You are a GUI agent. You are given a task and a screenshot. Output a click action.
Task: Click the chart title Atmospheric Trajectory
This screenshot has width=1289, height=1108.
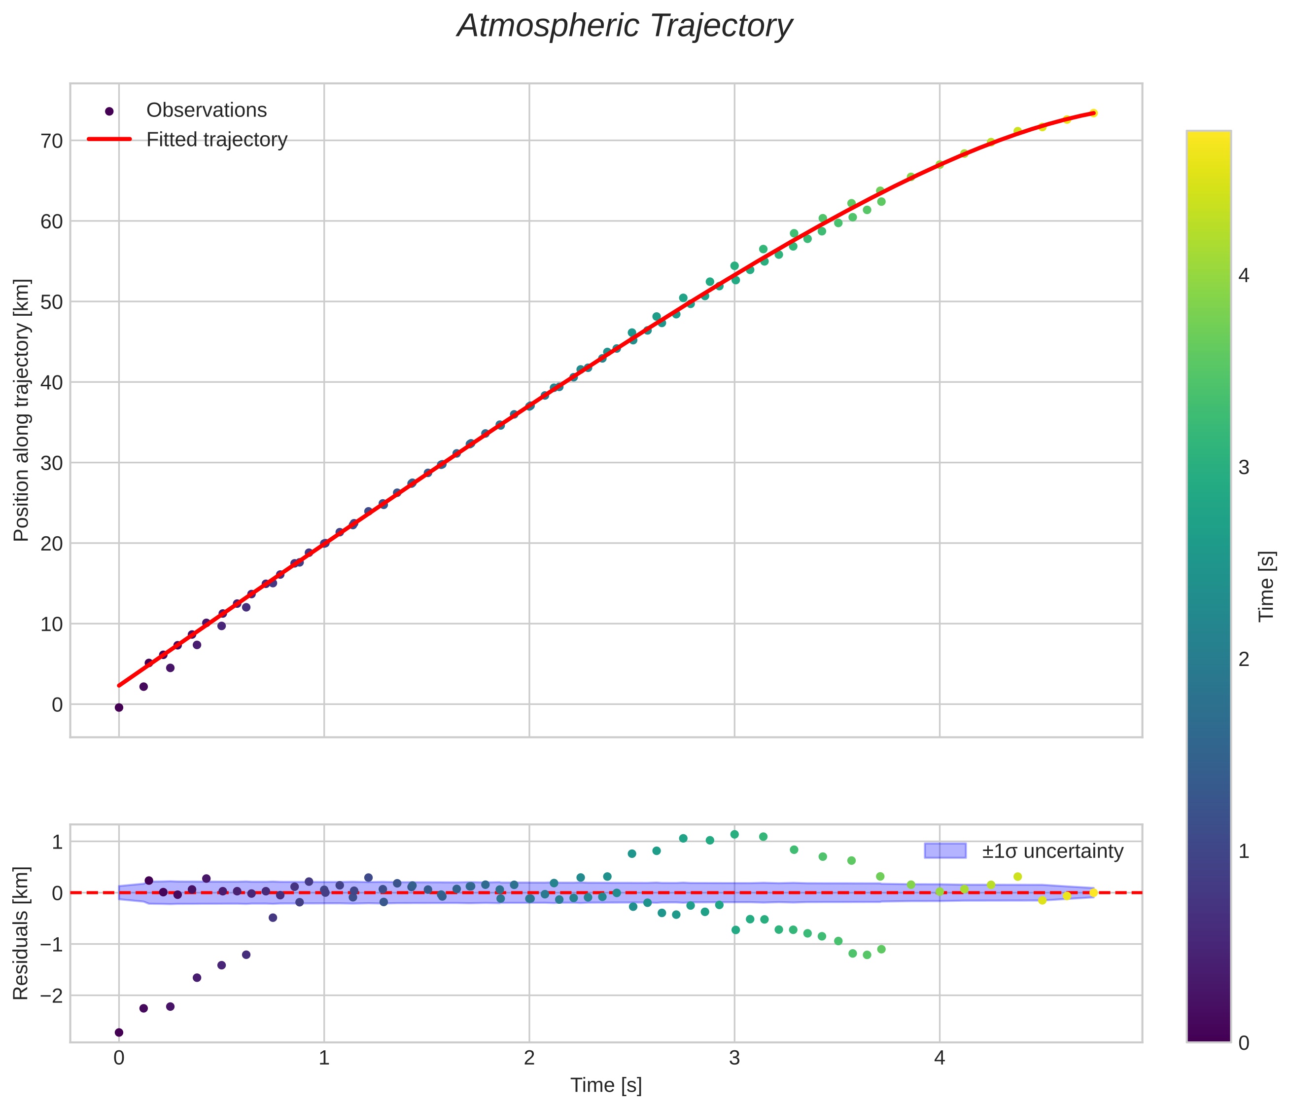pyautogui.click(x=624, y=26)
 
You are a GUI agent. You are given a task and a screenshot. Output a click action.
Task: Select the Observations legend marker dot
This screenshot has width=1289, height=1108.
pyautogui.click(x=109, y=111)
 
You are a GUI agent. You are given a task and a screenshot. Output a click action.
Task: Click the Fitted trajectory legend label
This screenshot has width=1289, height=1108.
pyautogui.click(x=216, y=140)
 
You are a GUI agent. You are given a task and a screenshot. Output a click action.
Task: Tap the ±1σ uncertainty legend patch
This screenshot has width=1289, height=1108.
pyautogui.click(x=945, y=851)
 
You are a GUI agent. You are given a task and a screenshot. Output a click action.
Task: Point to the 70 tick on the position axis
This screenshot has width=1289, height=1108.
pyautogui.click(x=52, y=141)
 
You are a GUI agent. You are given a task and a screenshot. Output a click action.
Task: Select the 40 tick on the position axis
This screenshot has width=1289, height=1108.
pyautogui.click(x=52, y=383)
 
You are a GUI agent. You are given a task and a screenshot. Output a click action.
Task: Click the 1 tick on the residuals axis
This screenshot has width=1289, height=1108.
pyautogui.click(x=57, y=842)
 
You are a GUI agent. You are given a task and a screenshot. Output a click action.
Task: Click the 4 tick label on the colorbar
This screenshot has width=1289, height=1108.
pyautogui.click(x=1244, y=275)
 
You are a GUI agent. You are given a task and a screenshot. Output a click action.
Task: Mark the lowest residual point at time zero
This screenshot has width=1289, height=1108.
pyautogui.click(x=119, y=1033)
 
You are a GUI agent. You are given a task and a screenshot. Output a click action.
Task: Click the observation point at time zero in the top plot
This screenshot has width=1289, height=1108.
pyautogui.click(x=119, y=708)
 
